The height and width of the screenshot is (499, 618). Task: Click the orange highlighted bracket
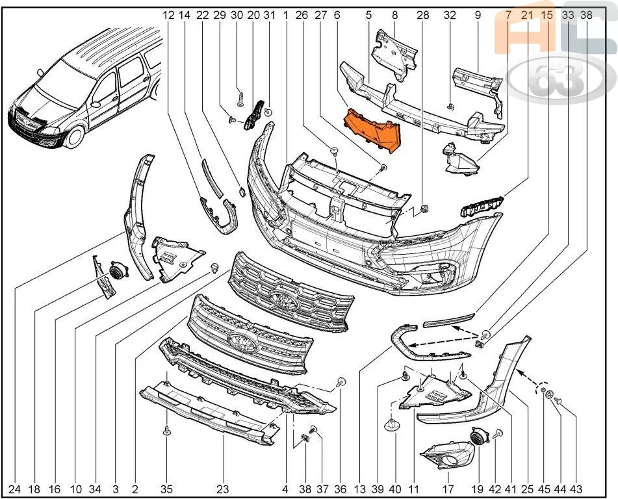[x=372, y=131]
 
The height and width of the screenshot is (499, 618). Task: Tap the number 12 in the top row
[x=168, y=15]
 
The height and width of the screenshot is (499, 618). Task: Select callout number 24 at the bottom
[x=14, y=489]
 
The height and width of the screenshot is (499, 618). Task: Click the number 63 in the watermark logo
[x=556, y=79]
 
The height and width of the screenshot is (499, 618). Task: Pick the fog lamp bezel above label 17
[x=446, y=455]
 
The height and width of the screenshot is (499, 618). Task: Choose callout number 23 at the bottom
[x=223, y=489]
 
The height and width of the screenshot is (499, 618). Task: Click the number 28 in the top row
[x=423, y=15]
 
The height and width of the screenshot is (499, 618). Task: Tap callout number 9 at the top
[x=478, y=15]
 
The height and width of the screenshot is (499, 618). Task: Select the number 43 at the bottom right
[x=576, y=489]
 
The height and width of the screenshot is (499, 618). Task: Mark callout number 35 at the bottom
[x=167, y=489]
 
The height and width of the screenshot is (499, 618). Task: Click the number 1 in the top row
[x=285, y=15]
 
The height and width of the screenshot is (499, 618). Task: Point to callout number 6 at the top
[x=337, y=15]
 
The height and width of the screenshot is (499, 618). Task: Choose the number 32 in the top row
[x=450, y=15]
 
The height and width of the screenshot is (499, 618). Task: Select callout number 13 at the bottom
[x=359, y=489]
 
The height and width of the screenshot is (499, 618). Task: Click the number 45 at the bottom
[x=544, y=489]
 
